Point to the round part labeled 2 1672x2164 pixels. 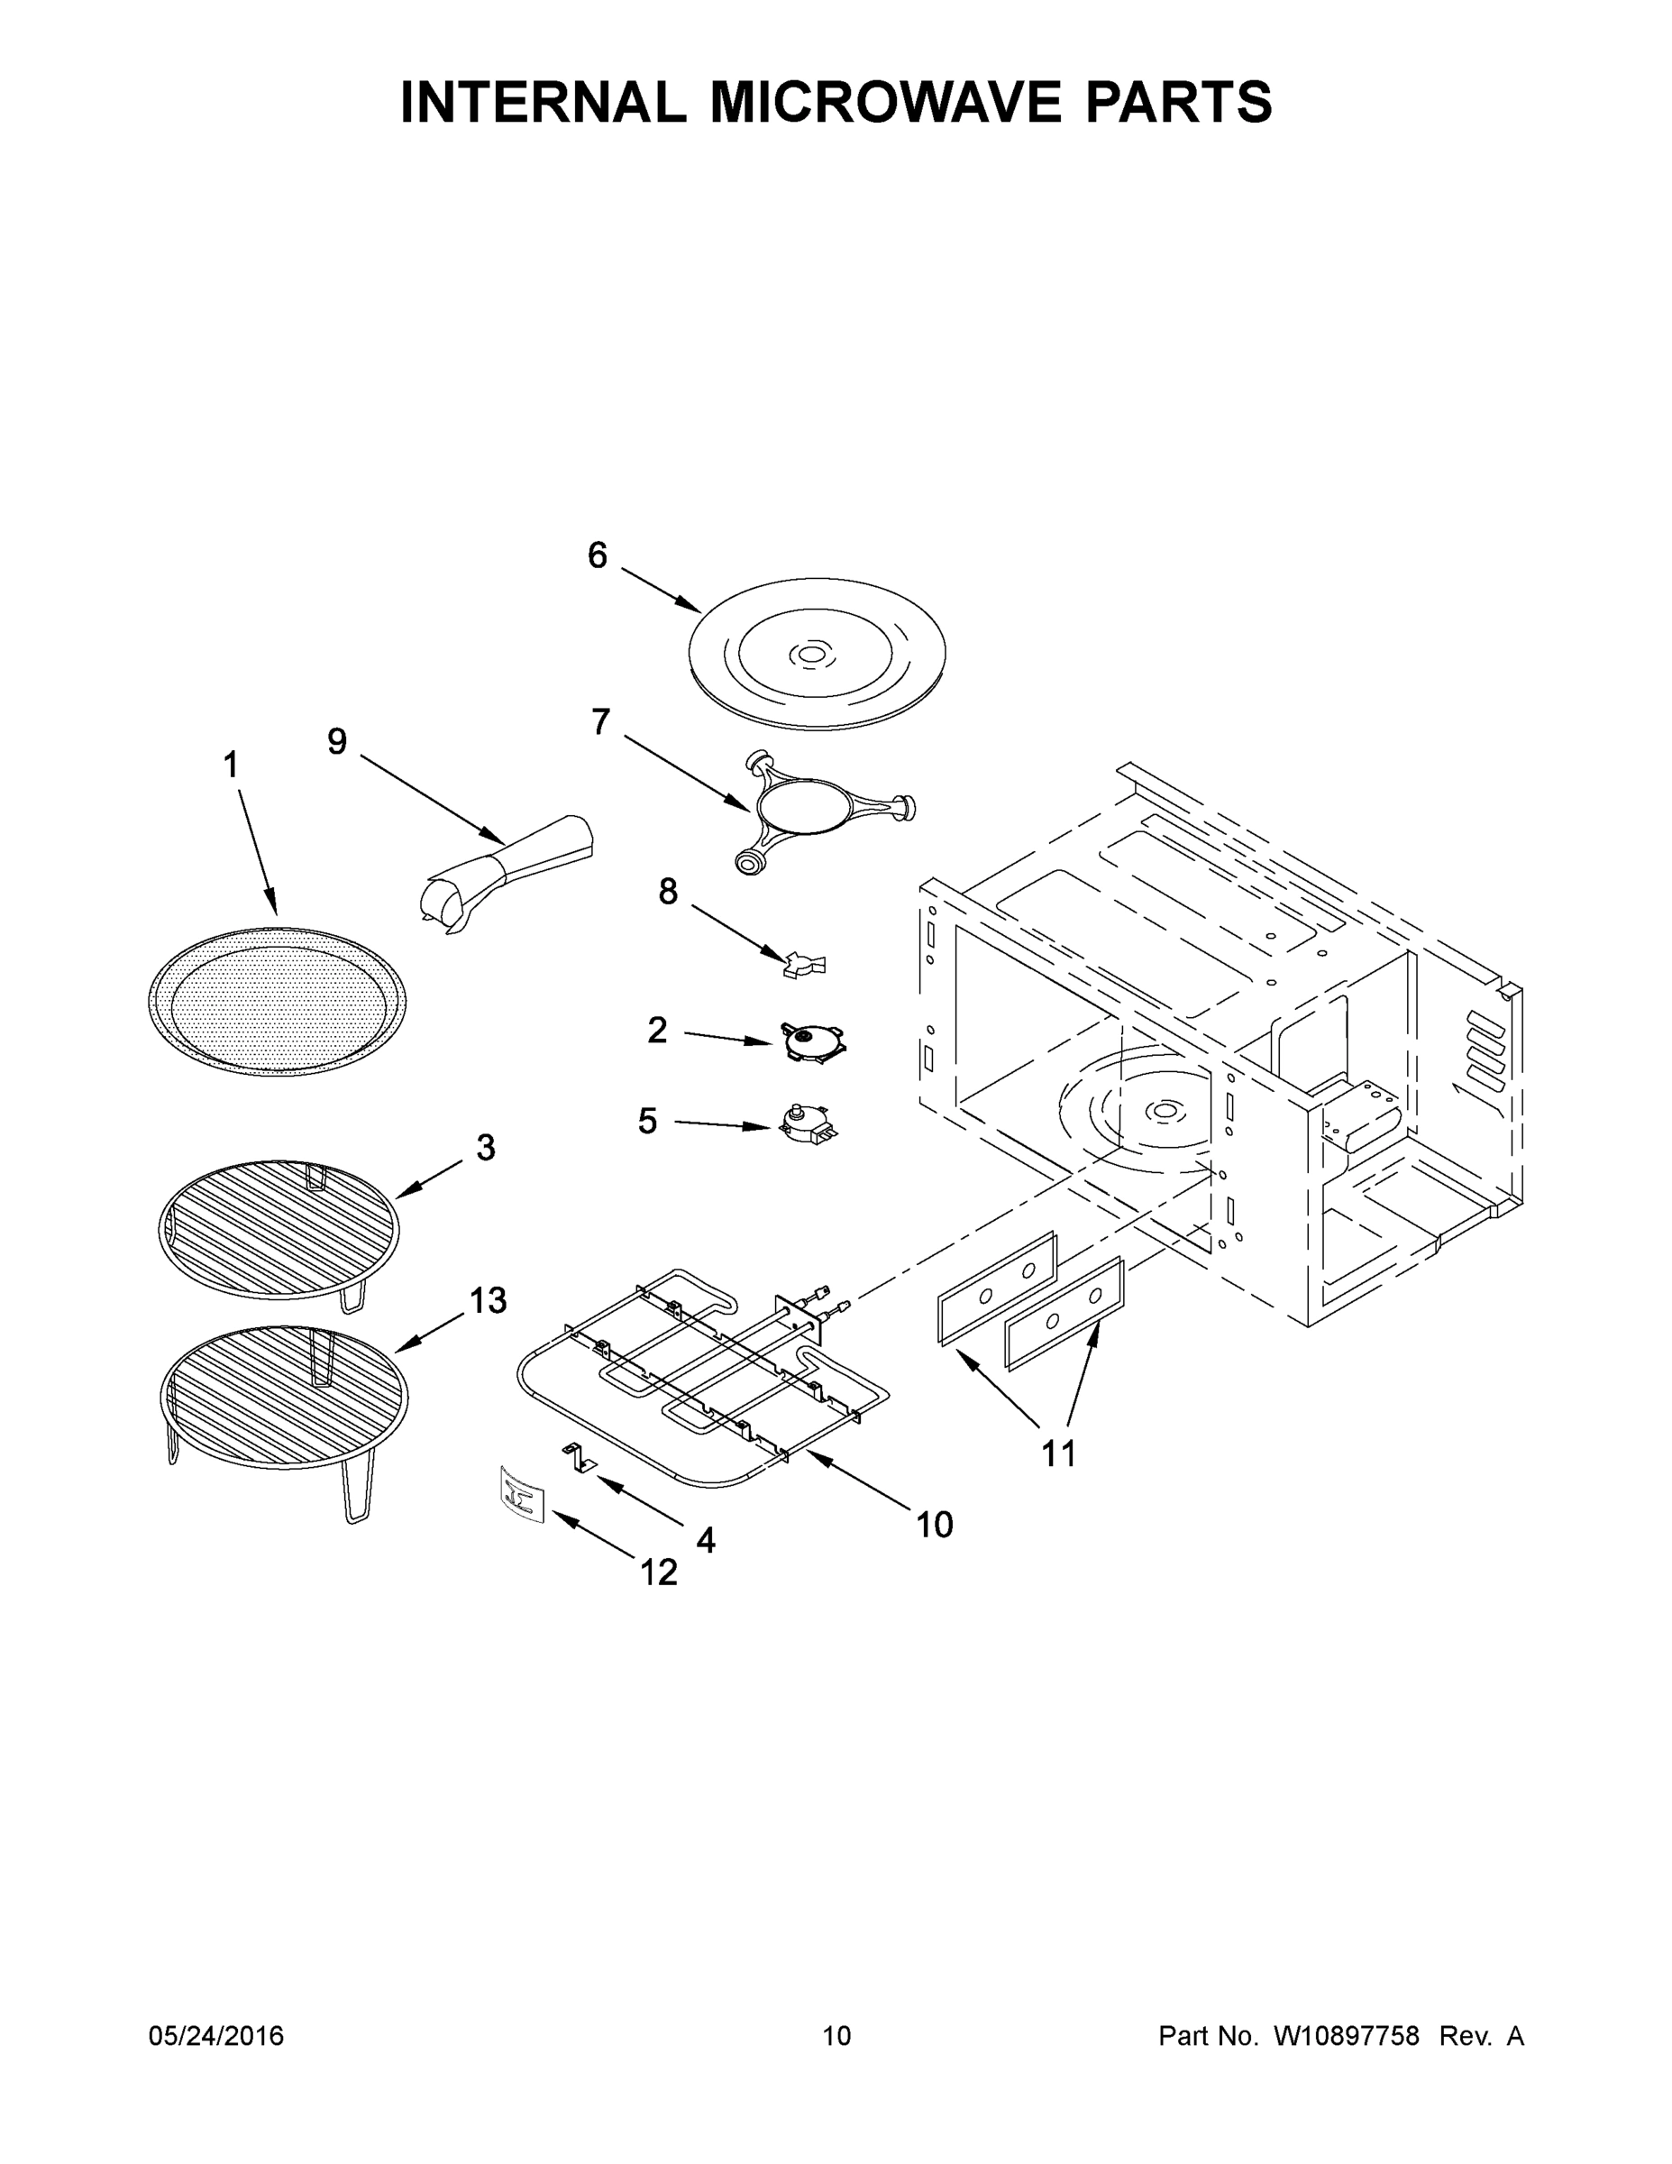[x=812, y=1042]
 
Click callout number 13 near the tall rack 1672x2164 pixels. [x=488, y=1300]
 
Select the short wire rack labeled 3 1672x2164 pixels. [x=279, y=1229]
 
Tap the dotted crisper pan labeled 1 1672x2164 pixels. [x=278, y=1002]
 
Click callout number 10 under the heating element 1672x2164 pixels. [x=934, y=1524]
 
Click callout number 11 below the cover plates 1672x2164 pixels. [x=1058, y=1453]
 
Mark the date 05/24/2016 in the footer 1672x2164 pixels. [x=216, y=2035]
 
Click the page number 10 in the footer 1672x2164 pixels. [x=836, y=2035]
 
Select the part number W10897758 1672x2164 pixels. [x=1346, y=2035]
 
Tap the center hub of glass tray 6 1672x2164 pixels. [x=810, y=654]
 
